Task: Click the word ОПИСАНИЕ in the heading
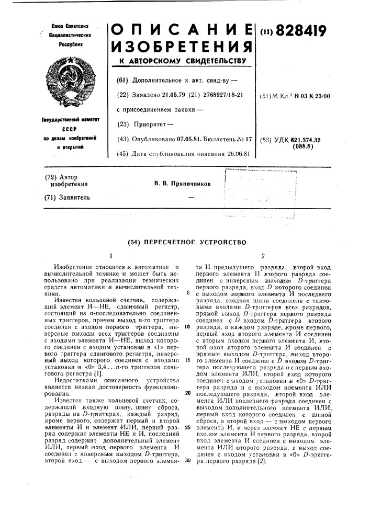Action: [x=181, y=31]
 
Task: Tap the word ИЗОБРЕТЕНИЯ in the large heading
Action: [x=181, y=48]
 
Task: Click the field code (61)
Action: [x=122, y=80]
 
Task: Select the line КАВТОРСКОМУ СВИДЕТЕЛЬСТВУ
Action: [x=181, y=61]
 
